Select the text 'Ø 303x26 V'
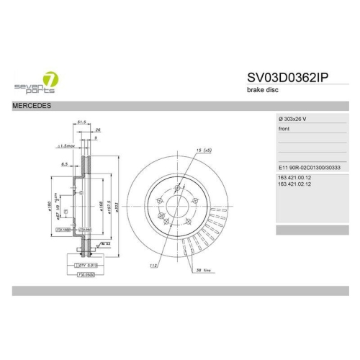pos(294,118)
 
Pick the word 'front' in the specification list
pos(284,129)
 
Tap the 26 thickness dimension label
pos(98,130)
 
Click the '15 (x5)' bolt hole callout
pos(202,150)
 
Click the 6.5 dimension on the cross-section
pos(64,164)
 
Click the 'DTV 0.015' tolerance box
pos(87,266)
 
